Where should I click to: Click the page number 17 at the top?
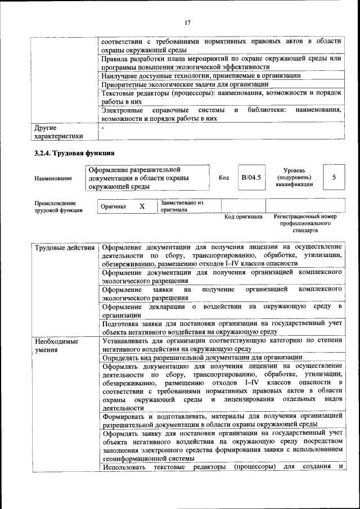click(x=188, y=22)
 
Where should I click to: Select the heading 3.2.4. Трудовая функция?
click(x=74, y=152)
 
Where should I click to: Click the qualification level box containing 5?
click(x=334, y=178)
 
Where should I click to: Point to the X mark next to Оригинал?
click(x=142, y=206)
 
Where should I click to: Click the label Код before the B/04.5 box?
click(x=223, y=178)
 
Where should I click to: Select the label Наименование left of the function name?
click(x=53, y=178)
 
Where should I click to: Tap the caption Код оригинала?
click(x=243, y=217)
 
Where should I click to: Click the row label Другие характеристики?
click(x=58, y=132)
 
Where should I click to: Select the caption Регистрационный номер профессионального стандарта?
click(x=305, y=223)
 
